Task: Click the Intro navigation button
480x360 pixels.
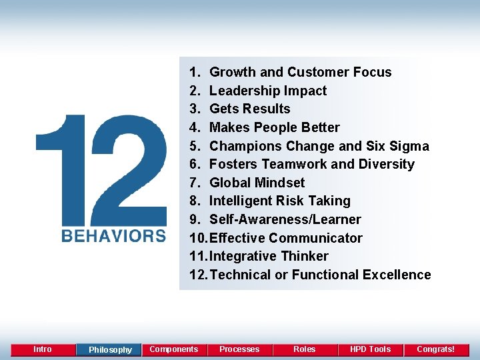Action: pyautogui.click(x=43, y=349)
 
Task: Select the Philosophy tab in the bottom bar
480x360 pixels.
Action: pyautogui.click(x=110, y=350)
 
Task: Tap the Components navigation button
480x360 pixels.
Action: pyautogui.click(x=174, y=349)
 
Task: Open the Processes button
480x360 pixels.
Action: pyautogui.click(x=239, y=349)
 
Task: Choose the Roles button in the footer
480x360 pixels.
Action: pyautogui.click(x=305, y=349)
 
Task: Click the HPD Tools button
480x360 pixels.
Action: pyautogui.click(x=370, y=349)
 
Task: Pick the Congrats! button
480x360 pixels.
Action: pyautogui.click(x=435, y=349)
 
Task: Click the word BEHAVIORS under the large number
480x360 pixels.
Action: pyautogui.click(x=114, y=235)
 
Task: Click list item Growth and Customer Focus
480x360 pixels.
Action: pyautogui.click(x=300, y=72)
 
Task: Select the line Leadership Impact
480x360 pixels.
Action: pyautogui.click(x=268, y=91)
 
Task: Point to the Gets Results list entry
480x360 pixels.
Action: pyautogui.click(x=249, y=109)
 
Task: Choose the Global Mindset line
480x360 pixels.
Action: pyautogui.click(x=257, y=183)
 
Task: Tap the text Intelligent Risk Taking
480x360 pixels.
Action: pyautogui.click(x=279, y=201)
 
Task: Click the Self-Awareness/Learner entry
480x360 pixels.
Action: pyautogui.click(x=285, y=219)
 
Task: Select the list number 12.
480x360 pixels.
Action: pyautogui.click(x=197, y=275)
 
